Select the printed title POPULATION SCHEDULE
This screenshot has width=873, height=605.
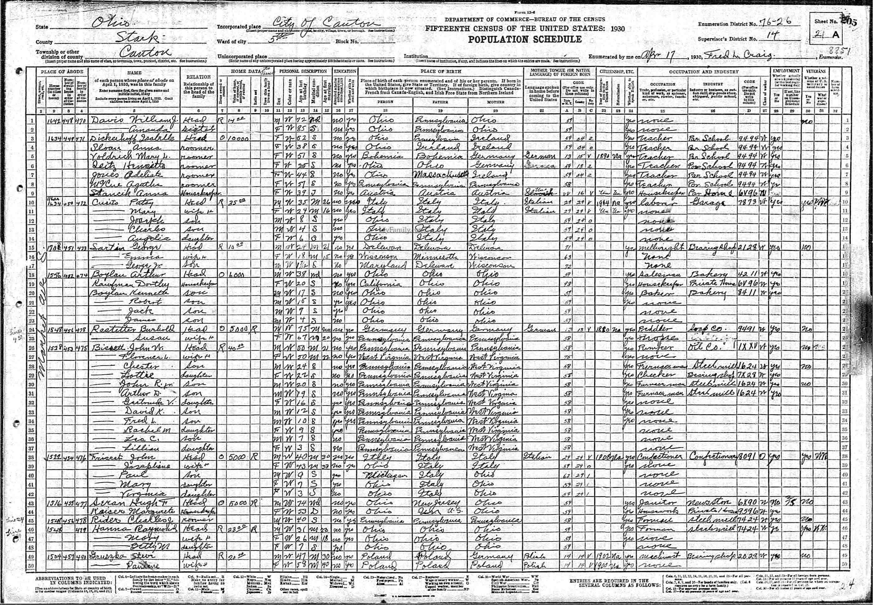click(x=525, y=39)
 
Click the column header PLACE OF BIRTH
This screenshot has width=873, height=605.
click(x=440, y=71)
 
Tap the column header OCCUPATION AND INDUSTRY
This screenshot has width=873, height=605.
click(x=703, y=71)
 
